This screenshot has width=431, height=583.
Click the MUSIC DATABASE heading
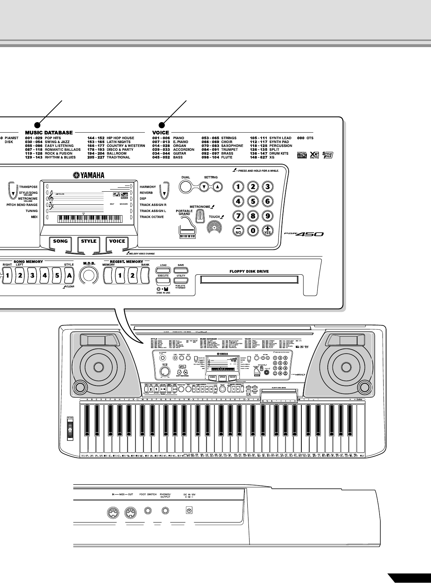pyautogui.click(x=49, y=133)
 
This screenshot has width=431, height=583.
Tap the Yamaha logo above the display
pyautogui.click(x=89, y=175)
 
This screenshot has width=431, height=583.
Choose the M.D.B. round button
pyautogui.click(x=89, y=276)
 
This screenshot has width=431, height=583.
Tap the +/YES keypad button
pyautogui.click(x=267, y=231)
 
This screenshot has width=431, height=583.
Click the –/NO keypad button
pyautogui.click(x=238, y=231)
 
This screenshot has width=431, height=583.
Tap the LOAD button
pyautogui.click(x=163, y=270)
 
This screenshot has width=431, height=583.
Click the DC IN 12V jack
pyautogui.click(x=188, y=511)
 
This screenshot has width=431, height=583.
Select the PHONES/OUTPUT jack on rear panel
pyautogui.click(x=165, y=511)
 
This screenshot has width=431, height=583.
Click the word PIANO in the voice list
pyautogui.click(x=179, y=138)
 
